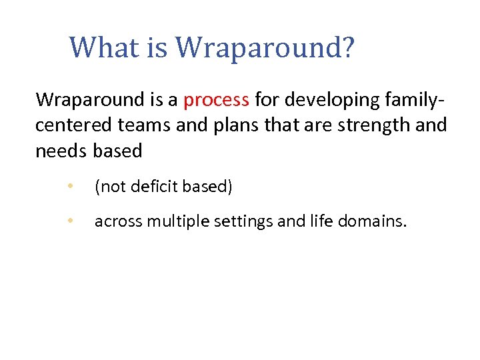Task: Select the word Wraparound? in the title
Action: tap(267, 48)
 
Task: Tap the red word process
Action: tap(216, 100)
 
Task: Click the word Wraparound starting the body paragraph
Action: tap(93, 100)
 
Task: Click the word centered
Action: tap(70, 125)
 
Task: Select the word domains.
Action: tap(369, 221)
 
